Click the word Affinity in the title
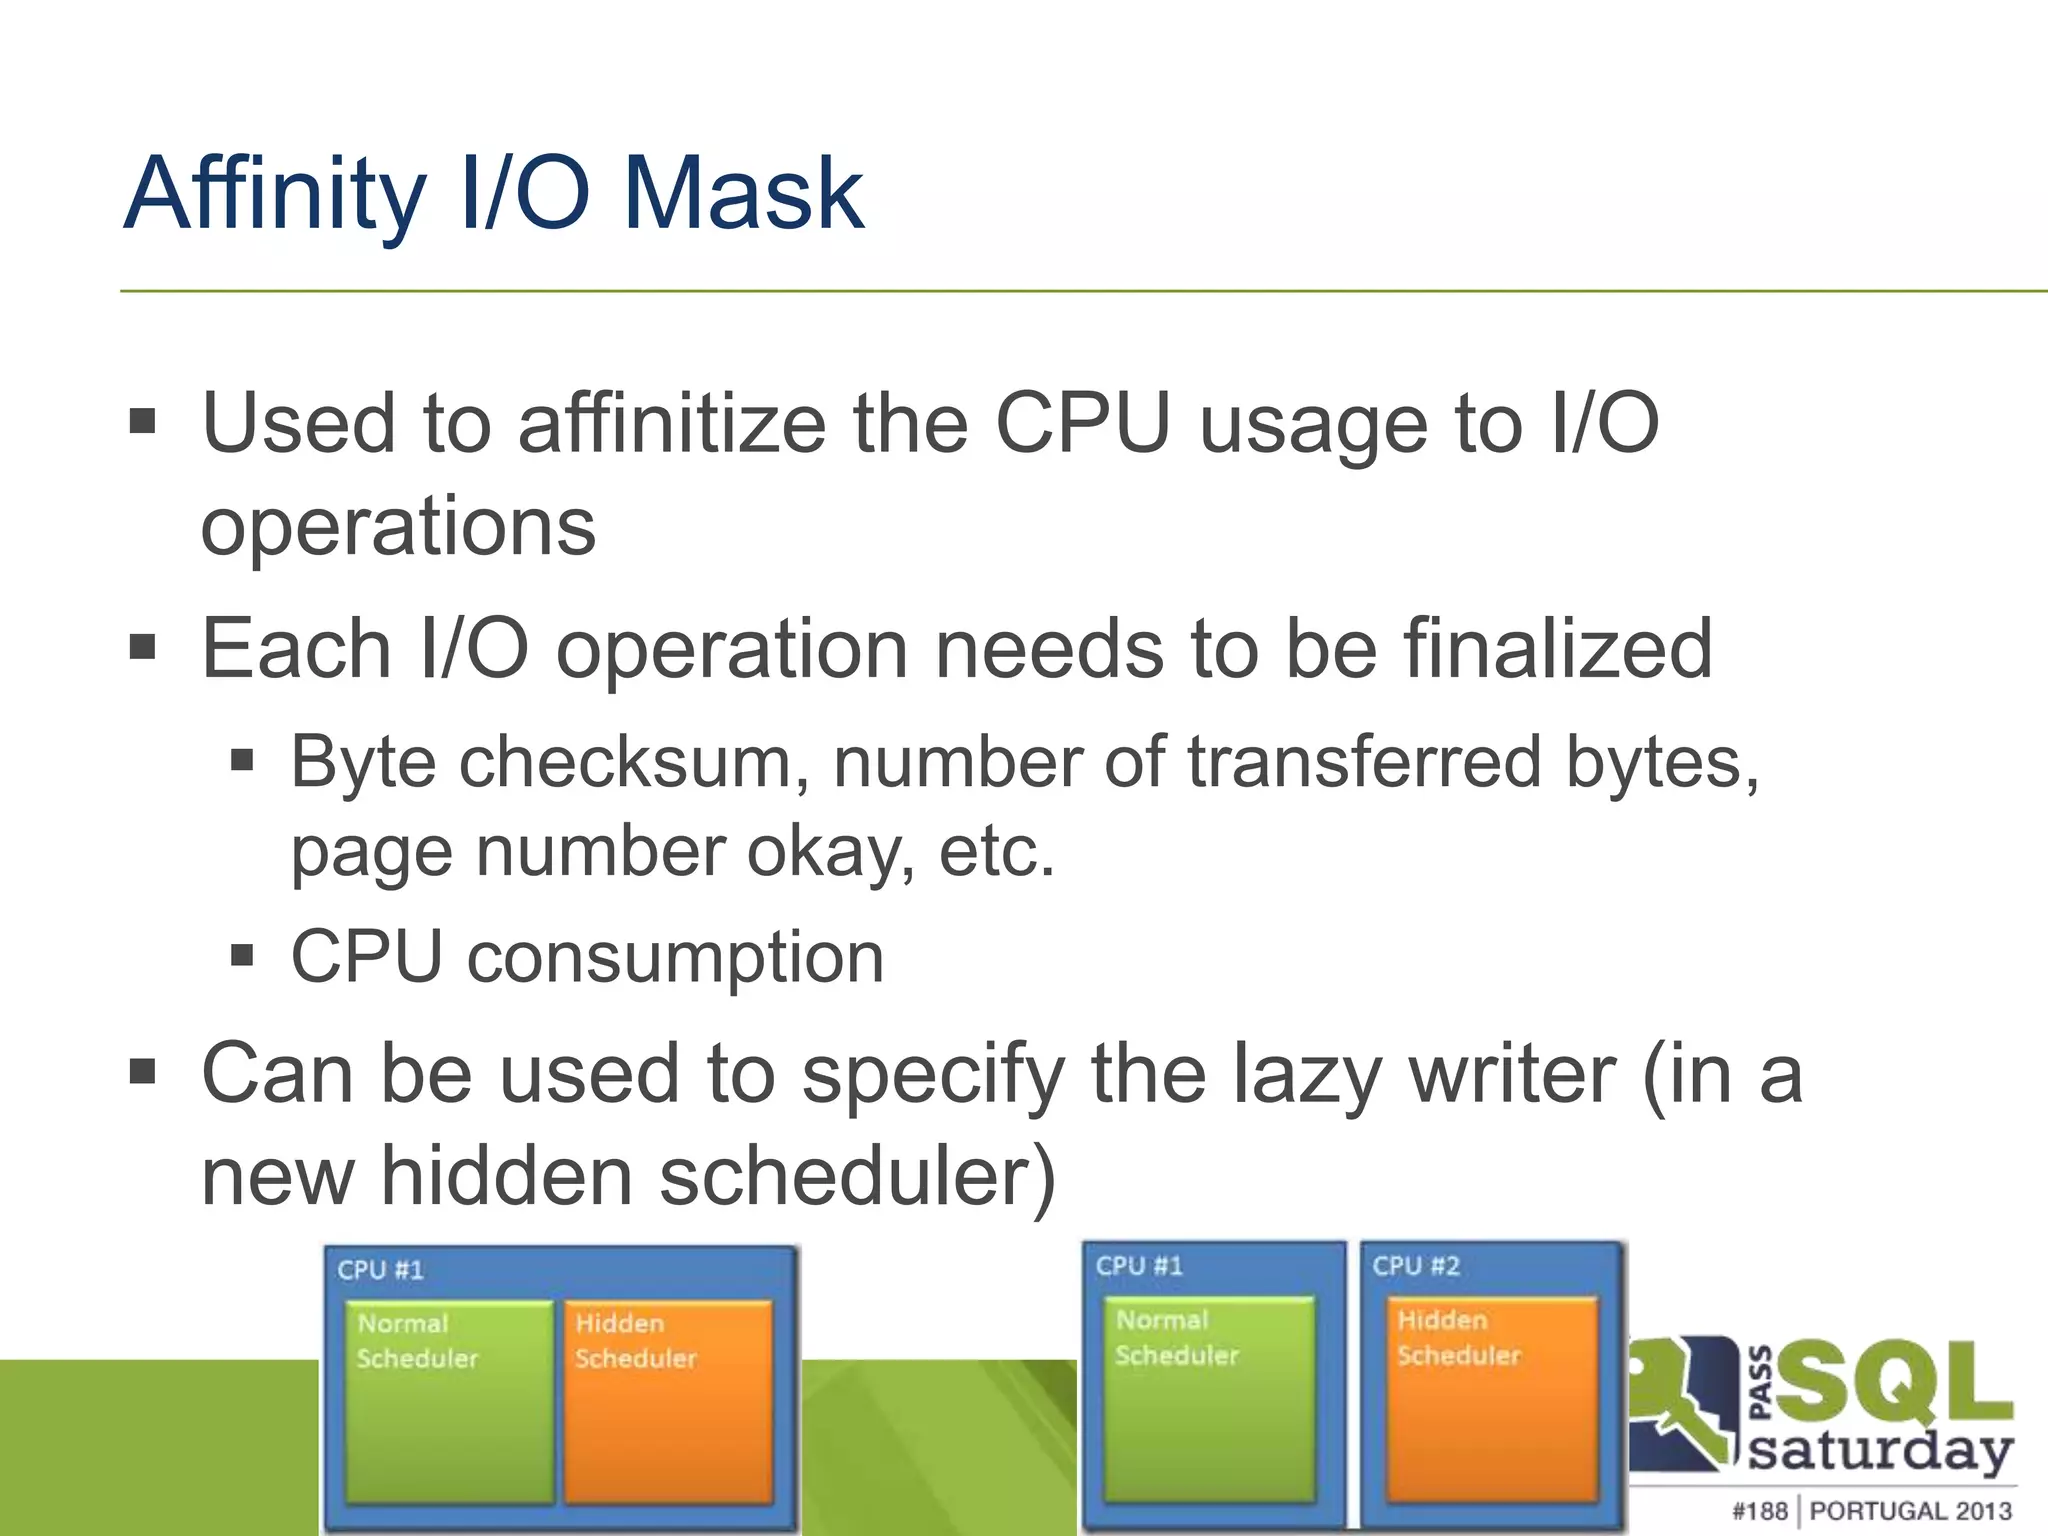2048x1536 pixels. point(276,195)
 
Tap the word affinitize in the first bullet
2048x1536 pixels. point(672,424)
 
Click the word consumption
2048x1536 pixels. point(675,957)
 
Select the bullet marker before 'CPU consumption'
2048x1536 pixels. point(241,956)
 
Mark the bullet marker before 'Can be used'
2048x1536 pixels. point(143,1073)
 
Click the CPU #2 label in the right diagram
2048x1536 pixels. point(1415,1266)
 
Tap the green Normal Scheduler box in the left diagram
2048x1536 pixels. point(448,1400)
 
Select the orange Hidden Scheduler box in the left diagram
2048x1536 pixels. point(668,1400)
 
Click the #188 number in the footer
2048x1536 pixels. point(1759,1510)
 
